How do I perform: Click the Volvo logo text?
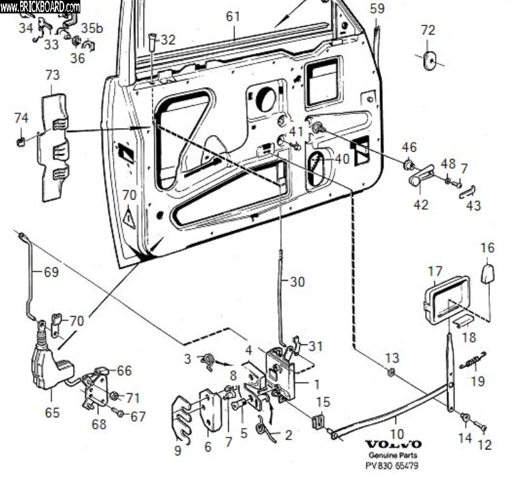(394, 445)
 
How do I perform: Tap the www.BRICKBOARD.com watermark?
(40, 7)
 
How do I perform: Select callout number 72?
(428, 30)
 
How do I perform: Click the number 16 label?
(487, 248)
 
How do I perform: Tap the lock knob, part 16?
(487, 273)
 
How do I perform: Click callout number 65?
(52, 413)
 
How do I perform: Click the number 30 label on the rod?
(297, 282)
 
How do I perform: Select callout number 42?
(420, 204)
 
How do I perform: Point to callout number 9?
(177, 451)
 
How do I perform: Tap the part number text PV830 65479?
(394, 465)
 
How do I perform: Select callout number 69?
(52, 272)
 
